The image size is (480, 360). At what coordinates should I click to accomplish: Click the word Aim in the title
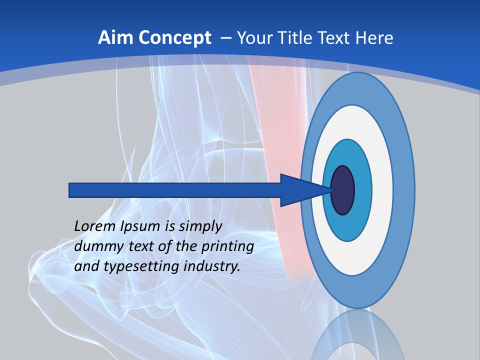coord(116,38)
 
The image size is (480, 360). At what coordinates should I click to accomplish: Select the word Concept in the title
coord(175,38)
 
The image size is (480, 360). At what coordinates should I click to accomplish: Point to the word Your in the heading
coord(253,38)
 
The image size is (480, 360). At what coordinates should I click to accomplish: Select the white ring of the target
coord(382,190)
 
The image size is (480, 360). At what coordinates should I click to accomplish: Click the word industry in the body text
coord(212,266)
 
